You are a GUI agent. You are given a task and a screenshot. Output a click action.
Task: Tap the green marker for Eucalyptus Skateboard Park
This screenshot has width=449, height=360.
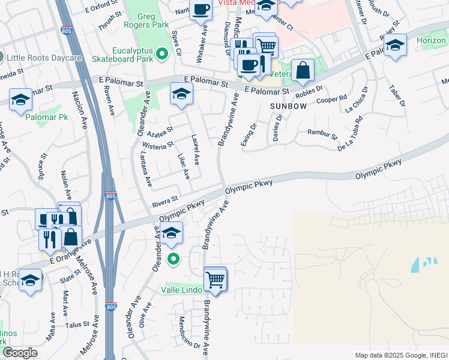pos(161,55)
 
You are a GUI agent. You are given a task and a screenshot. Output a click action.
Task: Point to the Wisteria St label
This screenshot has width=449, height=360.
pos(158,144)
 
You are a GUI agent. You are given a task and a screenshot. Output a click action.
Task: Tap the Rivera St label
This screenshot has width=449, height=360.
pos(165,199)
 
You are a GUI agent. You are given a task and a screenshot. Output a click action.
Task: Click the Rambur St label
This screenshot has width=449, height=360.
pos(322,133)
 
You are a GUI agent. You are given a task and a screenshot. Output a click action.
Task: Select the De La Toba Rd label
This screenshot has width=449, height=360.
pos(352,133)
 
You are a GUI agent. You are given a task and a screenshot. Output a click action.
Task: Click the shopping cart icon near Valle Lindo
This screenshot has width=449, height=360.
pos(215,279)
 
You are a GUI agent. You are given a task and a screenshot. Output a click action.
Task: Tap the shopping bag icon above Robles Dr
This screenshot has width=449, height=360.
pos(303,70)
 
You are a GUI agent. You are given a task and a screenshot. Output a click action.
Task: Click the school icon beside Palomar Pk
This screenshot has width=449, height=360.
pos(20,100)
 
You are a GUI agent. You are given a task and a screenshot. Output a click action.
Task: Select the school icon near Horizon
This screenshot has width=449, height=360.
pos(395,45)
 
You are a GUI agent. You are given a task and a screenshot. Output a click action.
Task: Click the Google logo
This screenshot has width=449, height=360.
pos(20,353)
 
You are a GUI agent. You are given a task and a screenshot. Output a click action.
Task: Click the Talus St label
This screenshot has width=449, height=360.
pos(77,325)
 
